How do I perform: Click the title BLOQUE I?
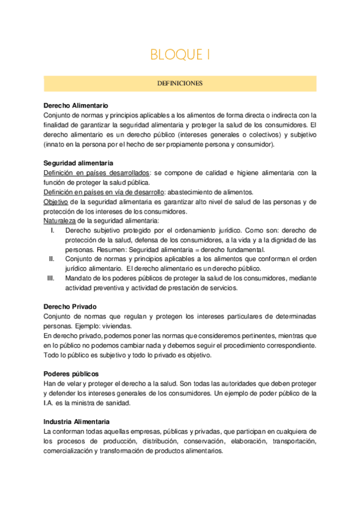pos(180,55)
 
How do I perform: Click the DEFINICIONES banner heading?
pos(180,84)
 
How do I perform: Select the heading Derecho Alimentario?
pos(76,105)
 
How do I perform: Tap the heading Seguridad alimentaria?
pos(78,164)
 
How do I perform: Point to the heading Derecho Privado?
pos(70,307)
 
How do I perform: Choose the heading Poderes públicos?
pos(72,373)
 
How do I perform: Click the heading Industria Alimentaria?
pos(76,422)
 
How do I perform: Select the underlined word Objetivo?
pos(56,202)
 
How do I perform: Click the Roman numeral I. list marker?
pos(53,230)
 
